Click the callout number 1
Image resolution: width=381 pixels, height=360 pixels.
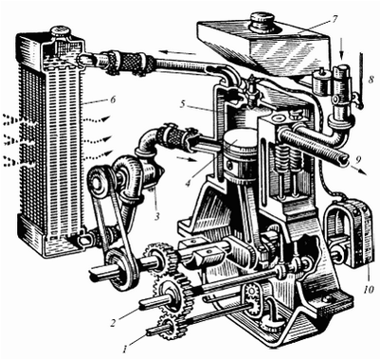coord(126,349)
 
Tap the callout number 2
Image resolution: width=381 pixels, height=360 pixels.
coord(114,323)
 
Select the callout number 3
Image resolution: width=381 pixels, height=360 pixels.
coord(157,216)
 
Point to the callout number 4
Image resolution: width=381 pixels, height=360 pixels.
coord(189,183)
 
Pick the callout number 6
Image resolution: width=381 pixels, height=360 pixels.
coord(112,100)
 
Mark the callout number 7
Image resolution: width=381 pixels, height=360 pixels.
coord(334,19)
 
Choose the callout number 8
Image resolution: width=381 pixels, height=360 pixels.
coord(371,79)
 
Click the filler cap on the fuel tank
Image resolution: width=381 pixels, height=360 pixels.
coord(262,21)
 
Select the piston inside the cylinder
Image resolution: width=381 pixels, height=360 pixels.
coord(239,157)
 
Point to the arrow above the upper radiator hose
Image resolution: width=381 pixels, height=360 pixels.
coord(177,52)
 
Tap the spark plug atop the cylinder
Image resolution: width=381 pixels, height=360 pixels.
coord(251,92)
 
